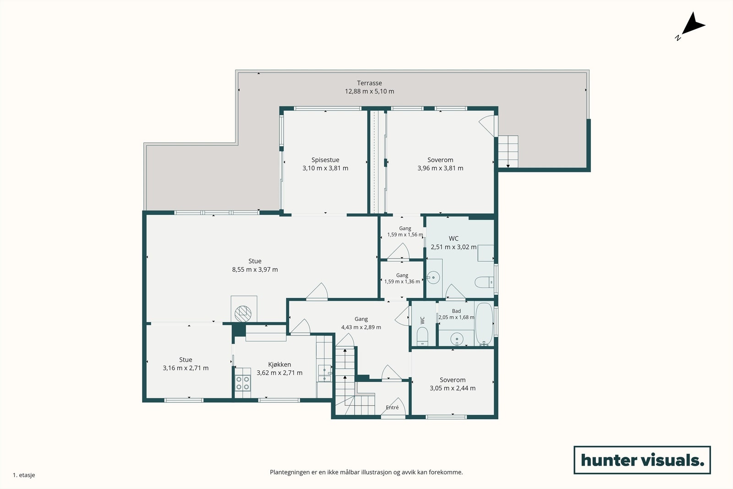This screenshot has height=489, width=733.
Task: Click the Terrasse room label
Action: click(369, 83)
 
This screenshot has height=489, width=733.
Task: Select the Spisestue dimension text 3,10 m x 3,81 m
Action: click(325, 168)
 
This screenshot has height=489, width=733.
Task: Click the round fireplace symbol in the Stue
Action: click(243, 313)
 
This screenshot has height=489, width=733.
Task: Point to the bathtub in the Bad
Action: click(484, 324)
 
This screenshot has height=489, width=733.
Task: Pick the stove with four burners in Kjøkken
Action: click(243, 383)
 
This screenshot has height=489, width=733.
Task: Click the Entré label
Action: click(392, 407)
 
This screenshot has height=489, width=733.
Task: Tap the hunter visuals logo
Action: click(642, 460)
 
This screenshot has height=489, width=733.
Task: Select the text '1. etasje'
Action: click(24, 475)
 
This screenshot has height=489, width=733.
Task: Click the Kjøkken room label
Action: click(279, 365)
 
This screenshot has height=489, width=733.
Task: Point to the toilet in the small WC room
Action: click(422, 336)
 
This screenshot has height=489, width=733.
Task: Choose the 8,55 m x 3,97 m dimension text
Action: click(255, 269)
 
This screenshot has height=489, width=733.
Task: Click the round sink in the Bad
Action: click(456, 339)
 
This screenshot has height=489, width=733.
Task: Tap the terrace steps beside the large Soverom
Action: click(508, 152)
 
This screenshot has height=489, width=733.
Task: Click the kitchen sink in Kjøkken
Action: click(324, 373)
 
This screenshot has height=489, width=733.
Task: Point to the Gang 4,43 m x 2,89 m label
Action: click(361, 323)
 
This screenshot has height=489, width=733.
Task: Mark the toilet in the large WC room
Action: click(484, 282)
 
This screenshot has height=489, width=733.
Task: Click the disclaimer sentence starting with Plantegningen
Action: click(366, 473)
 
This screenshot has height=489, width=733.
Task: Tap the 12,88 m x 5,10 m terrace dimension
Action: click(369, 92)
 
